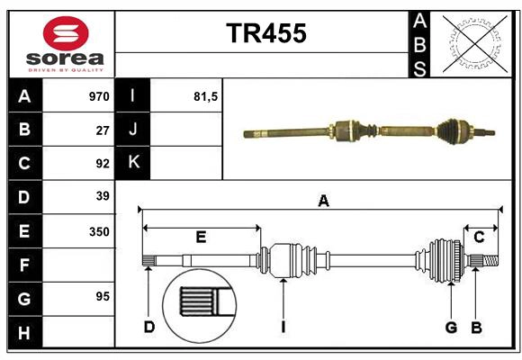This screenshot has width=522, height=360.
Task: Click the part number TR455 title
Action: [x=265, y=33]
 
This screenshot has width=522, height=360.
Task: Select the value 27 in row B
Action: [x=103, y=130]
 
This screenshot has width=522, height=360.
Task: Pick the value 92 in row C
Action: [x=103, y=164]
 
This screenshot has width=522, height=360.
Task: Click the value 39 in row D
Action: [x=103, y=196]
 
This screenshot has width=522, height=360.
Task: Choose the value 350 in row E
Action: [x=99, y=231]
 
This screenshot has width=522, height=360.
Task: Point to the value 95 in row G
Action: [x=103, y=297]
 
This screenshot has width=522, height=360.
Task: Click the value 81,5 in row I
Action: [x=206, y=96]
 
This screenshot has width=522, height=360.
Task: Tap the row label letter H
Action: [x=24, y=334]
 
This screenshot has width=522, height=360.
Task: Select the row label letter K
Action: [x=134, y=163]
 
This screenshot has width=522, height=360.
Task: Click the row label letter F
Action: [x=24, y=265]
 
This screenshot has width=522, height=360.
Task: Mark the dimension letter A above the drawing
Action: [x=322, y=202]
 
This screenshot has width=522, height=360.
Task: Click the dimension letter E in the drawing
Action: [x=201, y=238]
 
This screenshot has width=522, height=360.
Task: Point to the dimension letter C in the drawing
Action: [x=480, y=237]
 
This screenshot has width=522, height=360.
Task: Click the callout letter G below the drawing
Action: [x=451, y=328]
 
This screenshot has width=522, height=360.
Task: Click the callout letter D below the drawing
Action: [x=148, y=328]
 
